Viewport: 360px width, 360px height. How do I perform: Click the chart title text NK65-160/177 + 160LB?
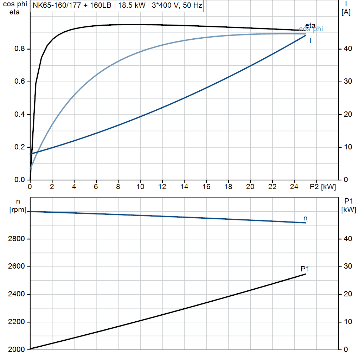pyautogui.click(x=72, y=6)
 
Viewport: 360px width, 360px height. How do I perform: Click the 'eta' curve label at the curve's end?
pyautogui.click(x=310, y=25)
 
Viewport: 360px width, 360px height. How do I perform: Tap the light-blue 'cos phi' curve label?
pyautogui.click(x=311, y=29)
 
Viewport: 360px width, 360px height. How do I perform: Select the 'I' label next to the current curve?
pyautogui.click(x=310, y=41)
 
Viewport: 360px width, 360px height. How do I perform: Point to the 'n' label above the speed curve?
pyautogui.click(x=305, y=218)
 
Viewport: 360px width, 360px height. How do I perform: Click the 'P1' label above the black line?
pyautogui.click(x=305, y=269)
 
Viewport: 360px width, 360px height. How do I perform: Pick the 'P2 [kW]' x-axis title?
pyautogui.click(x=323, y=187)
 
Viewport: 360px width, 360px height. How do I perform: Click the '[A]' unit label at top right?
pyautogui.click(x=346, y=12)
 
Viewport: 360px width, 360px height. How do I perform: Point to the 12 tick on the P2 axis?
pyautogui.click(x=162, y=187)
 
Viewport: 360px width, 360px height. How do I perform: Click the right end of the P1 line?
pyautogui.click(x=306, y=274)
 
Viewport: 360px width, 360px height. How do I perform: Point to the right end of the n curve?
pyautogui.click(x=306, y=223)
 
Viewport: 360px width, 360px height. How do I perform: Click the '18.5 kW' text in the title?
pyautogui.click(x=132, y=6)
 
